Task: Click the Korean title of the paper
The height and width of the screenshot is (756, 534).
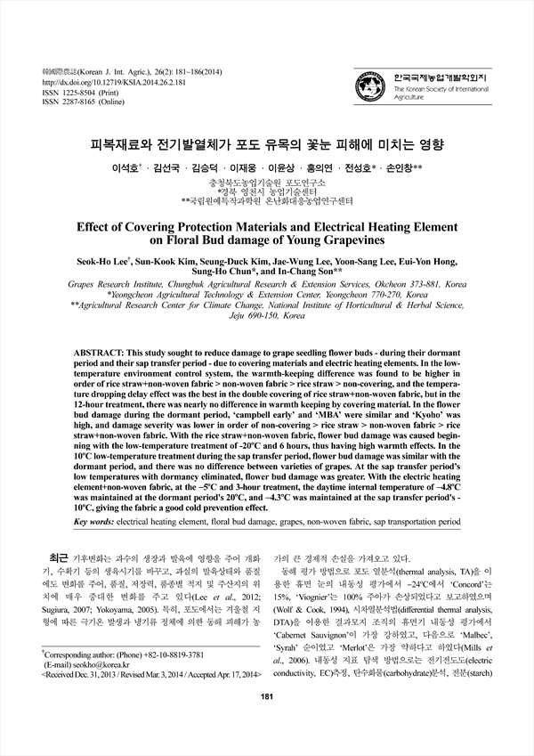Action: coord(267,143)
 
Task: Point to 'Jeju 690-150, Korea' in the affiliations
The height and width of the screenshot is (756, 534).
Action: coord(267,316)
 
